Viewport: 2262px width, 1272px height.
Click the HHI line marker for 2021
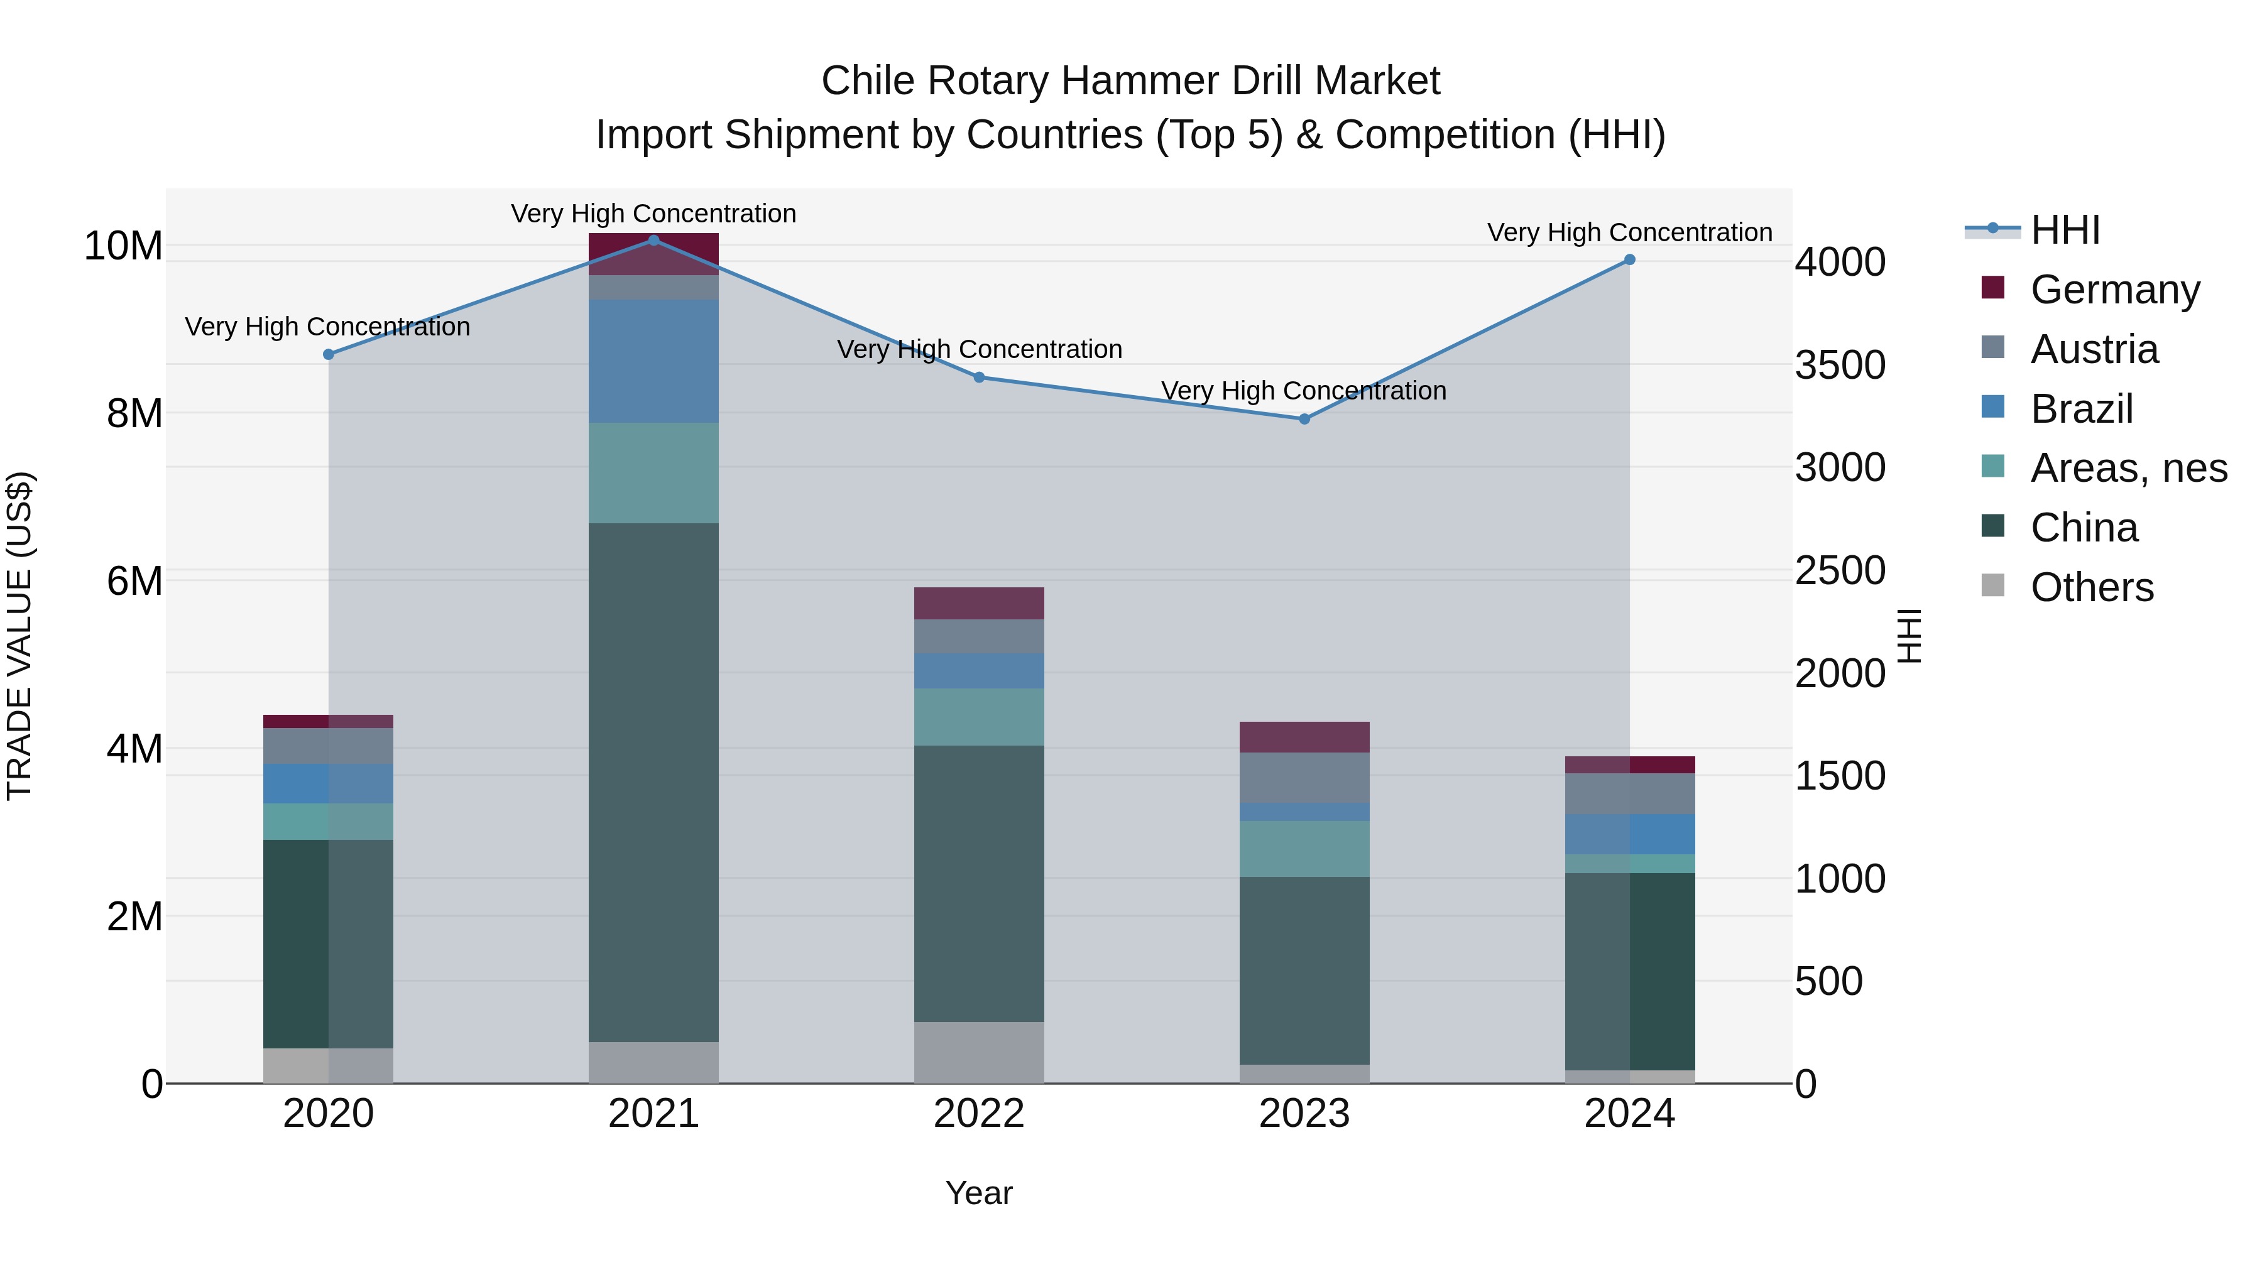[653, 240]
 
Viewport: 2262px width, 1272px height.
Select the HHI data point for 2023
[1304, 419]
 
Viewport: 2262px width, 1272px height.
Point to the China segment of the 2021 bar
[653, 781]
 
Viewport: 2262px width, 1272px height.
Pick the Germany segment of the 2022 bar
[979, 603]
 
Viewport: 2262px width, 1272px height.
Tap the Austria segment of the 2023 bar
[1304, 777]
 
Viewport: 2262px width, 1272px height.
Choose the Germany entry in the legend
[2114, 290]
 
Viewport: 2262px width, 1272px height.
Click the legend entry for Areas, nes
[2129, 468]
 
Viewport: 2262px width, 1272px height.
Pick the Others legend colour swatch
[1993, 585]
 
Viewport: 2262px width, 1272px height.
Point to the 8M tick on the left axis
[134, 413]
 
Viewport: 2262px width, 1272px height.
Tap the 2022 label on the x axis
[979, 1114]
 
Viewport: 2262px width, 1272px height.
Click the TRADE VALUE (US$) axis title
[19, 636]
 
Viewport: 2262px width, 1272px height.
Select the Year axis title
[979, 1193]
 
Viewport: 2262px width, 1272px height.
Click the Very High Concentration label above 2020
[327, 327]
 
